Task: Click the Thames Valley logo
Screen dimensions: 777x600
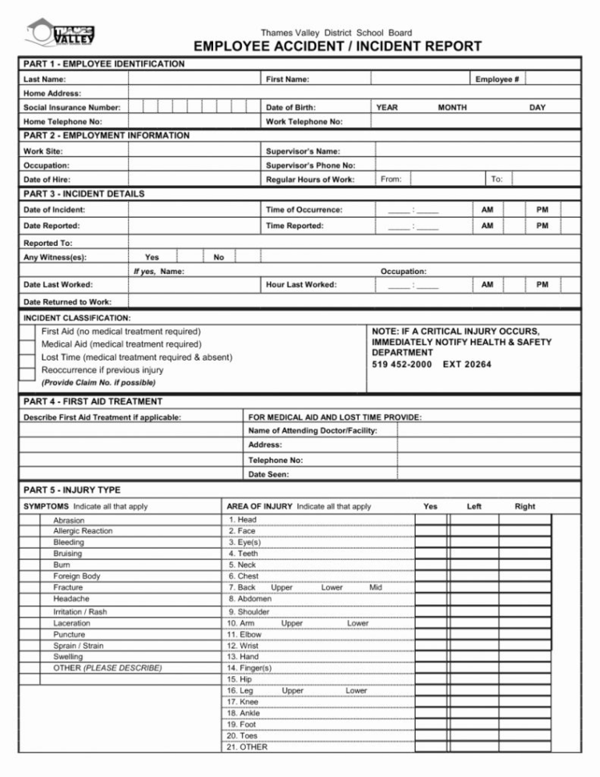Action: pos(62,34)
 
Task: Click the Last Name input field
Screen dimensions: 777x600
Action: pos(195,79)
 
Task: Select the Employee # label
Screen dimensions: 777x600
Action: pos(497,79)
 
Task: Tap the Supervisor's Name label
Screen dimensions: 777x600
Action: pos(303,151)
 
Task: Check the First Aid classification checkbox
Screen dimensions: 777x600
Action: pos(27,332)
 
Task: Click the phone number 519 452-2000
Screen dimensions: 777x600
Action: pos(401,364)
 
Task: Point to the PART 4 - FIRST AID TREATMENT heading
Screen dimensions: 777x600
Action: pos(93,401)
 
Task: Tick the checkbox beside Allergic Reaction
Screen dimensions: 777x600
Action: pos(30,531)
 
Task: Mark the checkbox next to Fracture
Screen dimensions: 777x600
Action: pos(30,587)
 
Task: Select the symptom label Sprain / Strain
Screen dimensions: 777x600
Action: pos(78,646)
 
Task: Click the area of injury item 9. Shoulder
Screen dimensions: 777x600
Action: pos(248,612)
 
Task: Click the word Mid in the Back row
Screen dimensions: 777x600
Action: pos(376,587)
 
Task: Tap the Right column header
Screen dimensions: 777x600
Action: pos(525,506)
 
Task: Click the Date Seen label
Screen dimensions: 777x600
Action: pos(268,474)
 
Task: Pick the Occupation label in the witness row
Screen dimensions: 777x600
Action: pos(403,272)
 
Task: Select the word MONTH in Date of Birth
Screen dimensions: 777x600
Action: pos(452,107)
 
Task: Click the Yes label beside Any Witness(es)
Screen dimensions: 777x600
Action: pos(151,257)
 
